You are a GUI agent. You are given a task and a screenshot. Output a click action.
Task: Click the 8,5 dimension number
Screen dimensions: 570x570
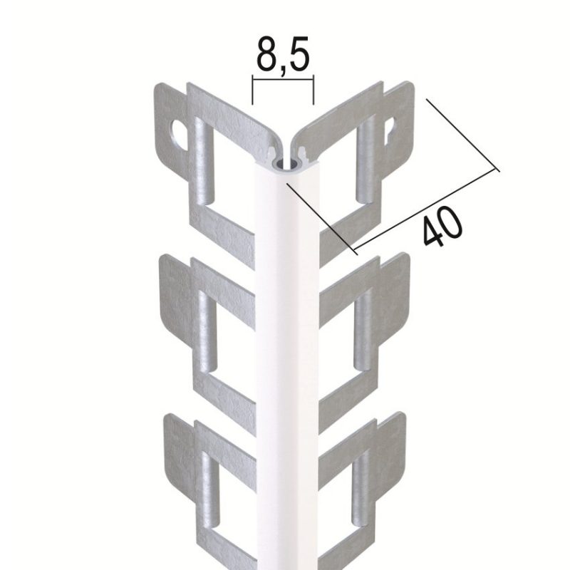(283, 54)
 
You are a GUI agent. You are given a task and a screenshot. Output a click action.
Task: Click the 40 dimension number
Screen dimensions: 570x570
(442, 227)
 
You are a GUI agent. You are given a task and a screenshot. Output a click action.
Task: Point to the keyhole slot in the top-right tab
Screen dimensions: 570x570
(390, 128)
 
